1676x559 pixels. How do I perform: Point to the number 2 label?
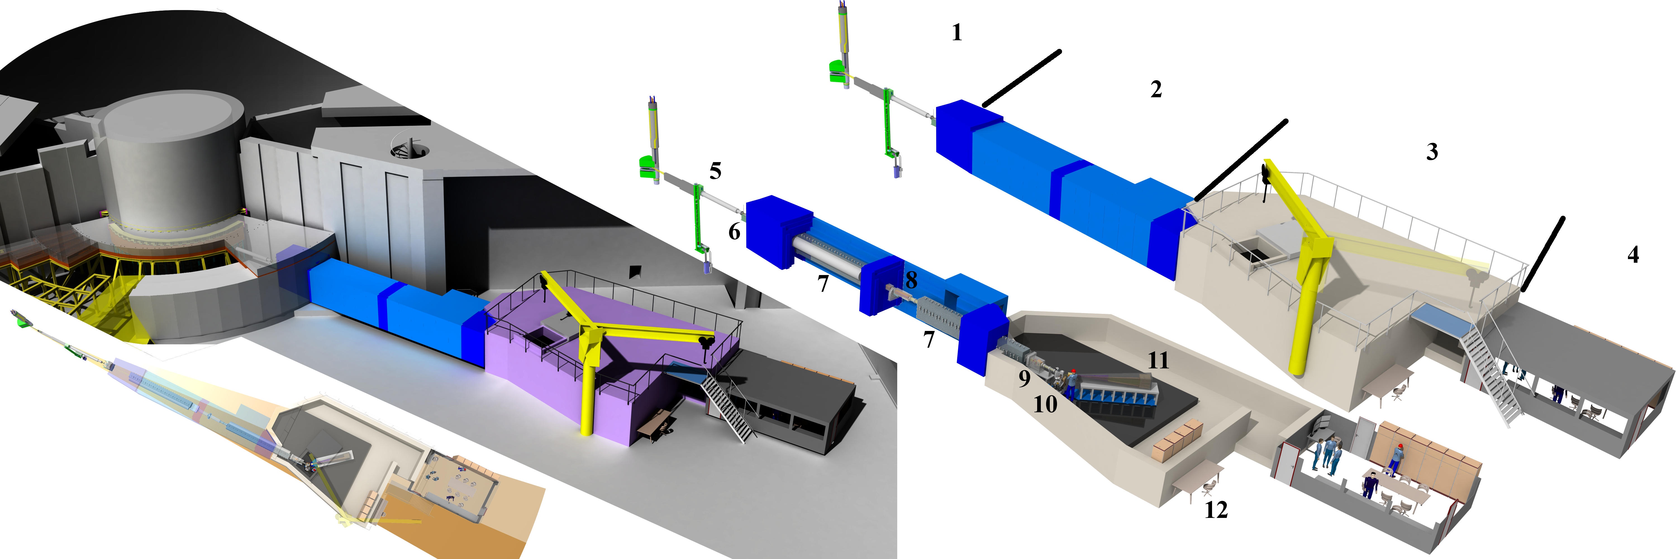point(1156,89)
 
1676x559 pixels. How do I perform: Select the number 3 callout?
point(1432,151)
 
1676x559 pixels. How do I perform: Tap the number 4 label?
point(1633,254)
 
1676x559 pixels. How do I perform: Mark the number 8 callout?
point(911,280)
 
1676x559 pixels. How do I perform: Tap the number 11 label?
point(1158,361)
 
